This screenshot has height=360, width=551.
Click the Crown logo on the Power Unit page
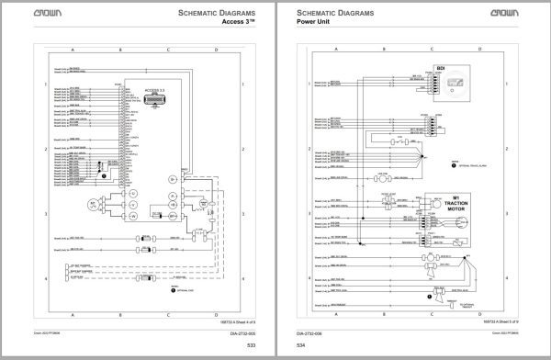coord(518,14)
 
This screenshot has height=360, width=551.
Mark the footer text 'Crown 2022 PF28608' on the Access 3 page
coord(47,333)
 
